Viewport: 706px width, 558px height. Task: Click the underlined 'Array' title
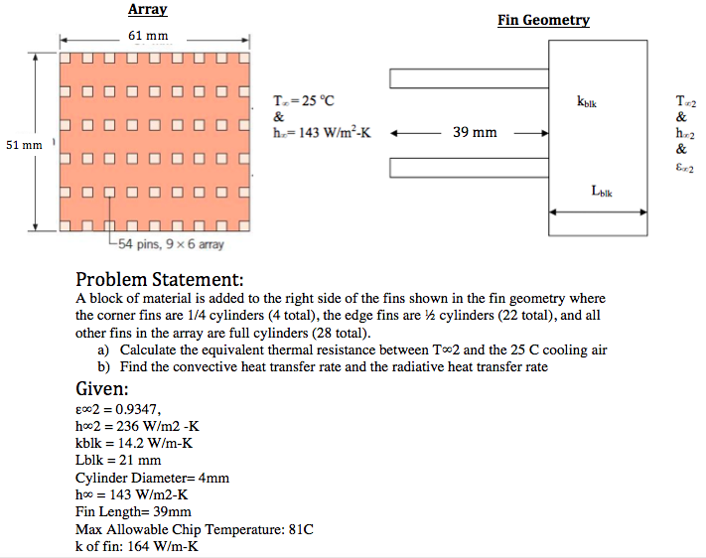147,10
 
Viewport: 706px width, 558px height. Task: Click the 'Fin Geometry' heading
543,20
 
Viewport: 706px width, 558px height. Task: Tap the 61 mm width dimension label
149,37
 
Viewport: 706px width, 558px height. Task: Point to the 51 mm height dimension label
24,145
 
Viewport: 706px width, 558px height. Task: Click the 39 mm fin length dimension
475,132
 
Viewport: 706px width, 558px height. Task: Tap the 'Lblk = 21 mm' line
118,461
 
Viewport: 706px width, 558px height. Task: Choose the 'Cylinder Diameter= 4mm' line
152,478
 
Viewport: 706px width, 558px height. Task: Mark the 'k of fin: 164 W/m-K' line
136,547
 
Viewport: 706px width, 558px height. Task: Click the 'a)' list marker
102,349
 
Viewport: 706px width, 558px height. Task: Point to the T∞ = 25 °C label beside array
305,100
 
